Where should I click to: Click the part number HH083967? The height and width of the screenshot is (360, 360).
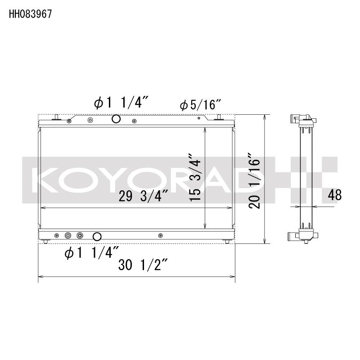(x=30, y=14)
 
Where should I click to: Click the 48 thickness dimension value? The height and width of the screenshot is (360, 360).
(x=335, y=195)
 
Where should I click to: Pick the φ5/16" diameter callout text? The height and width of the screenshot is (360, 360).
(x=200, y=106)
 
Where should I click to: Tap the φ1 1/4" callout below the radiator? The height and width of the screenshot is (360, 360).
(x=92, y=253)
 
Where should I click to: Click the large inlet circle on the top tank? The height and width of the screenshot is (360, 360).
(x=116, y=119)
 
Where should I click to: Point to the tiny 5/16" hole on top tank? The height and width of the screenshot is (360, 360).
(x=198, y=119)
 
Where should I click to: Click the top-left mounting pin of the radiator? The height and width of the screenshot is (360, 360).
(x=57, y=117)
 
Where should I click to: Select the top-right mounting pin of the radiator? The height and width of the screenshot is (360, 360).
(x=219, y=117)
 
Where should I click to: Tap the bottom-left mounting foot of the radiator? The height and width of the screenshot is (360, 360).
(x=46, y=241)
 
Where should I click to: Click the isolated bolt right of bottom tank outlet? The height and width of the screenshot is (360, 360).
(x=161, y=235)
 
